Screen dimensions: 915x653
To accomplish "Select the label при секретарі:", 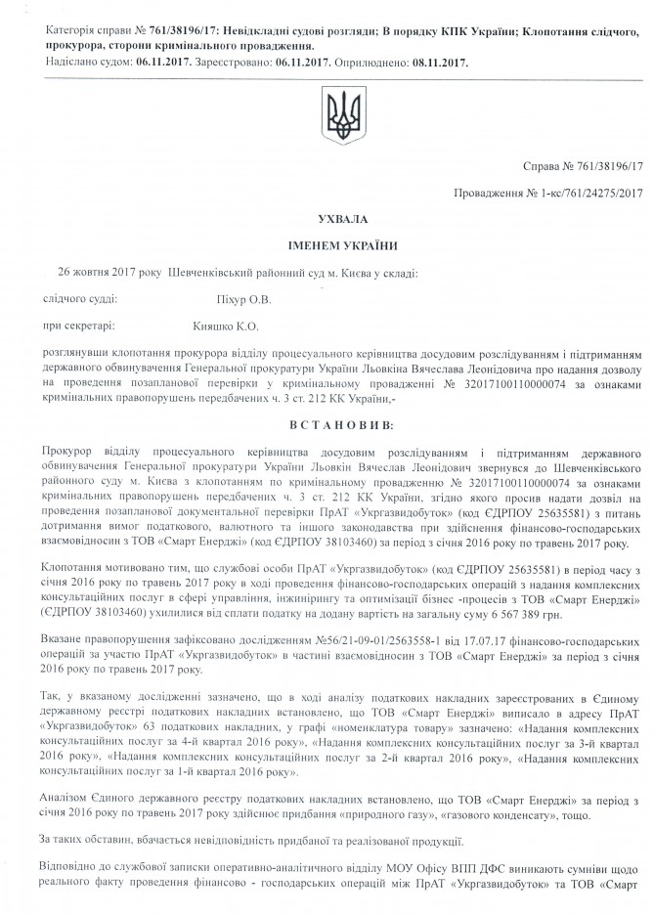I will (77, 320).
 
